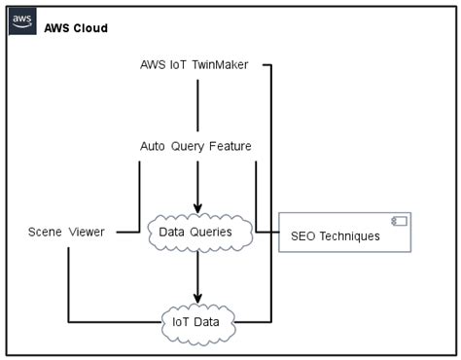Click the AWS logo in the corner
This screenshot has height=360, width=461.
pos(22,21)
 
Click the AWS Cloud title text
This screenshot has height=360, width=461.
pos(76,28)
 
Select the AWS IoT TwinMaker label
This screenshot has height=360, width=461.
pos(195,65)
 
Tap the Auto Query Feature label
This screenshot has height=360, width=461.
pos(195,146)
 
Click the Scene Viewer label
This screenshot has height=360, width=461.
pos(67,232)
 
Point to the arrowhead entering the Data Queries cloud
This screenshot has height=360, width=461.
pos(197,207)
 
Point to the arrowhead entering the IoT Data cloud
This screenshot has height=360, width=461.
pos(197,297)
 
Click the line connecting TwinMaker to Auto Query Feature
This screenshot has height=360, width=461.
pos(197,105)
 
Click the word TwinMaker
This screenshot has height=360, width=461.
pos(219,65)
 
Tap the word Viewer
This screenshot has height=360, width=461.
pos(88,232)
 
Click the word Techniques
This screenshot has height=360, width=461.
pos(349,236)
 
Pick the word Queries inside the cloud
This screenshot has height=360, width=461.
pos(211,232)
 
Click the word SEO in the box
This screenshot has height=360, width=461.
pos(303,236)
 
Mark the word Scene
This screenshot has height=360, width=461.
pos(46,232)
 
